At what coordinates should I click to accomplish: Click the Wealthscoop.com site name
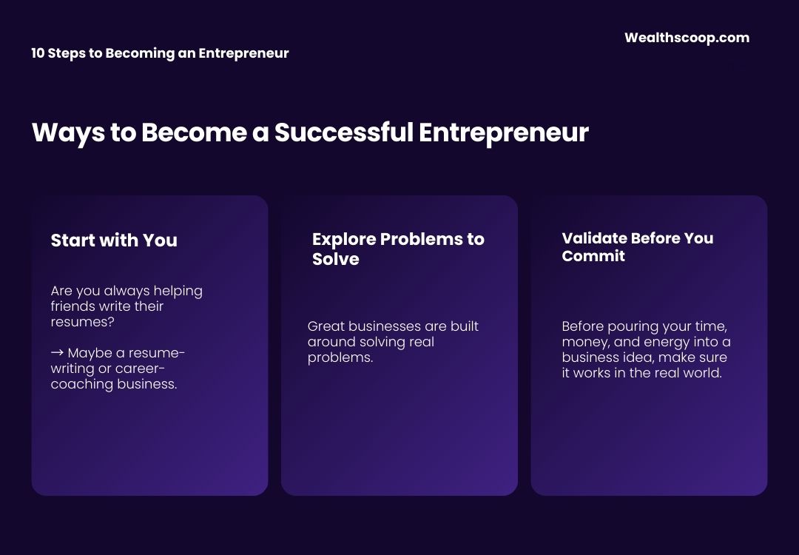tap(687, 38)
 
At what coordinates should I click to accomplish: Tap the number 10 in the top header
tap(38, 53)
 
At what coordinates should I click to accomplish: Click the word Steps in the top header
tap(67, 53)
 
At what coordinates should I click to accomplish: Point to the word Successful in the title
tap(343, 132)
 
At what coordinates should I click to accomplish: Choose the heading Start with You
tap(114, 240)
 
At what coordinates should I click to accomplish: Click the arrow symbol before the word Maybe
tap(57, 353)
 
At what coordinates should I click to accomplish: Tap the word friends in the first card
tap(70, 306)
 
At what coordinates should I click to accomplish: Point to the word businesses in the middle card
tap(383, 326)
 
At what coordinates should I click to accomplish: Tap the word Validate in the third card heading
tap(594, 238)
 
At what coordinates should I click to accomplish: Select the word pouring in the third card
tap(629, 326)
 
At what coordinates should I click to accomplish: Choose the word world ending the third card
tap(703, 373)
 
